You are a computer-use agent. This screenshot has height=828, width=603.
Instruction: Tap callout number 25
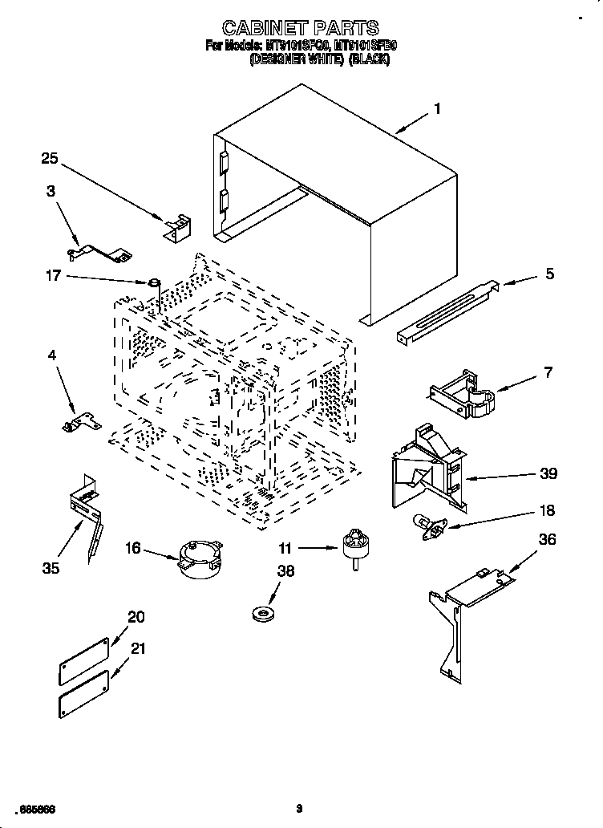click(50, 159)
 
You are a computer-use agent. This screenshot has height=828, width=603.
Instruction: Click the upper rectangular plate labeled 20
click(83, 657)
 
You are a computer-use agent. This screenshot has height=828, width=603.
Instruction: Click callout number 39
click(548, 474)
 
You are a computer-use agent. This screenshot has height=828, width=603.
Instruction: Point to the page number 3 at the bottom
click(298, 809)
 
